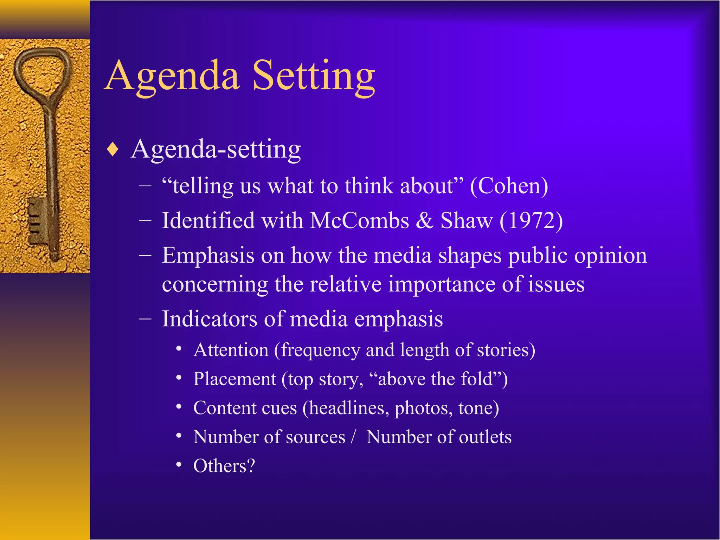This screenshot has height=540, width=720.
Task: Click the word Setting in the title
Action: [314, 76]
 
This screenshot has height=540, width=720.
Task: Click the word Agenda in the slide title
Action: [172, 76]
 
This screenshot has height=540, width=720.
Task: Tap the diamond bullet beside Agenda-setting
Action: [113, 149]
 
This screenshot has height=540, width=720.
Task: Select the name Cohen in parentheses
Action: [509, 186]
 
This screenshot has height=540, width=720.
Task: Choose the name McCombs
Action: [359, 221]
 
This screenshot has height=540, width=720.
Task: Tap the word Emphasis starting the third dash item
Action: [208, 255]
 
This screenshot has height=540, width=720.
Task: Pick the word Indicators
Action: [210, 319]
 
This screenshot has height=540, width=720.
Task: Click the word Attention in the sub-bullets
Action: [231, 350]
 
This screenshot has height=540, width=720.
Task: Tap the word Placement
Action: [234, 379]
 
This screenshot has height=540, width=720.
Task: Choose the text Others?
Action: [224, 466]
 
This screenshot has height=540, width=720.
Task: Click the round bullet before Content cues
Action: [179, 407]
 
